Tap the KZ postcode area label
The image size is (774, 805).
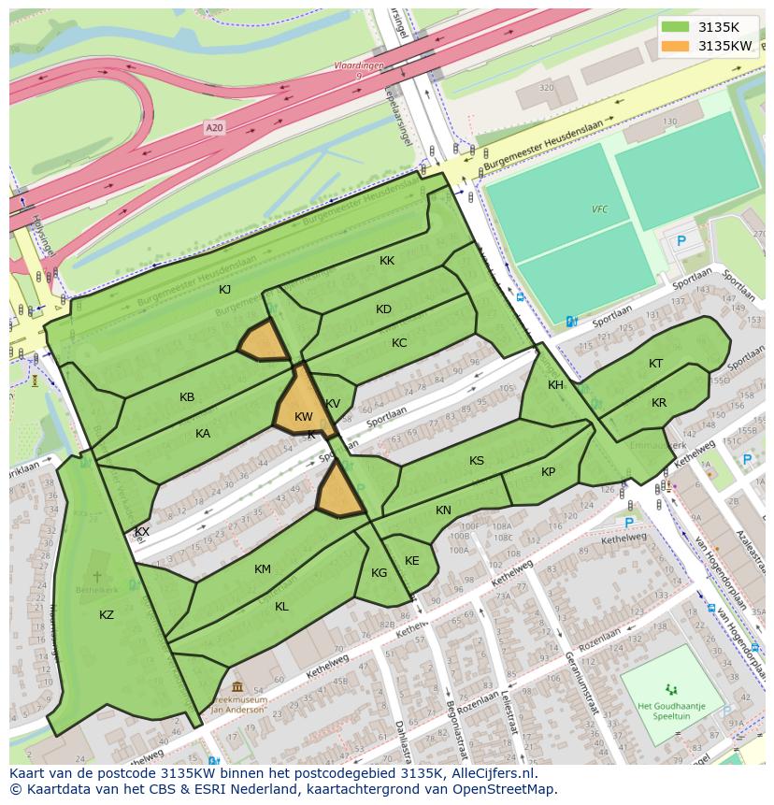tap(107, 614)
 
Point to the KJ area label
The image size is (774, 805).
tap(224, 289)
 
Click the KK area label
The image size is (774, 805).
tap(387, 261)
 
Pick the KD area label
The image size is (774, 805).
tap(383, 309)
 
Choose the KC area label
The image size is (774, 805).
tap(399, 343)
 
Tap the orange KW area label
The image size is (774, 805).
tap(303, 417)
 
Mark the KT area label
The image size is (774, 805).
tap(656, 364)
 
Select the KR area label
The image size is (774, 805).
tap(659, 403)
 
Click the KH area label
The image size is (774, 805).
tap(556, 385)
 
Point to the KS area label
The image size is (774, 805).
tap(477, 461)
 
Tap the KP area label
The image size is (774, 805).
tap(548, 472)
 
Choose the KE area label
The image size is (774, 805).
tap(411, 561)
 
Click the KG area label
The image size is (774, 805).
tap(379, 573)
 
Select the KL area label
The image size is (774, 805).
tap(281, 607)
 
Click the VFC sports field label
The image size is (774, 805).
tap(599, 209)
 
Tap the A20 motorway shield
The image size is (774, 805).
tap(215, 127)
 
